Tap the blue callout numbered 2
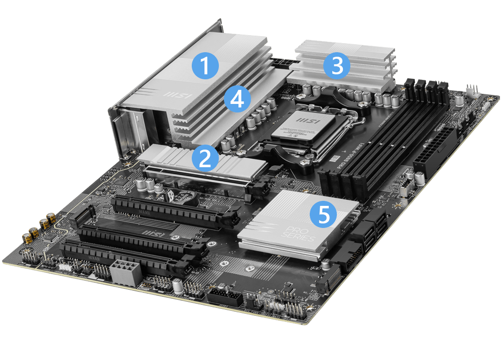(x=204, y=159)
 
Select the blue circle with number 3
(x=336, y=66)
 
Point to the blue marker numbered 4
(x=237, y=98)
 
